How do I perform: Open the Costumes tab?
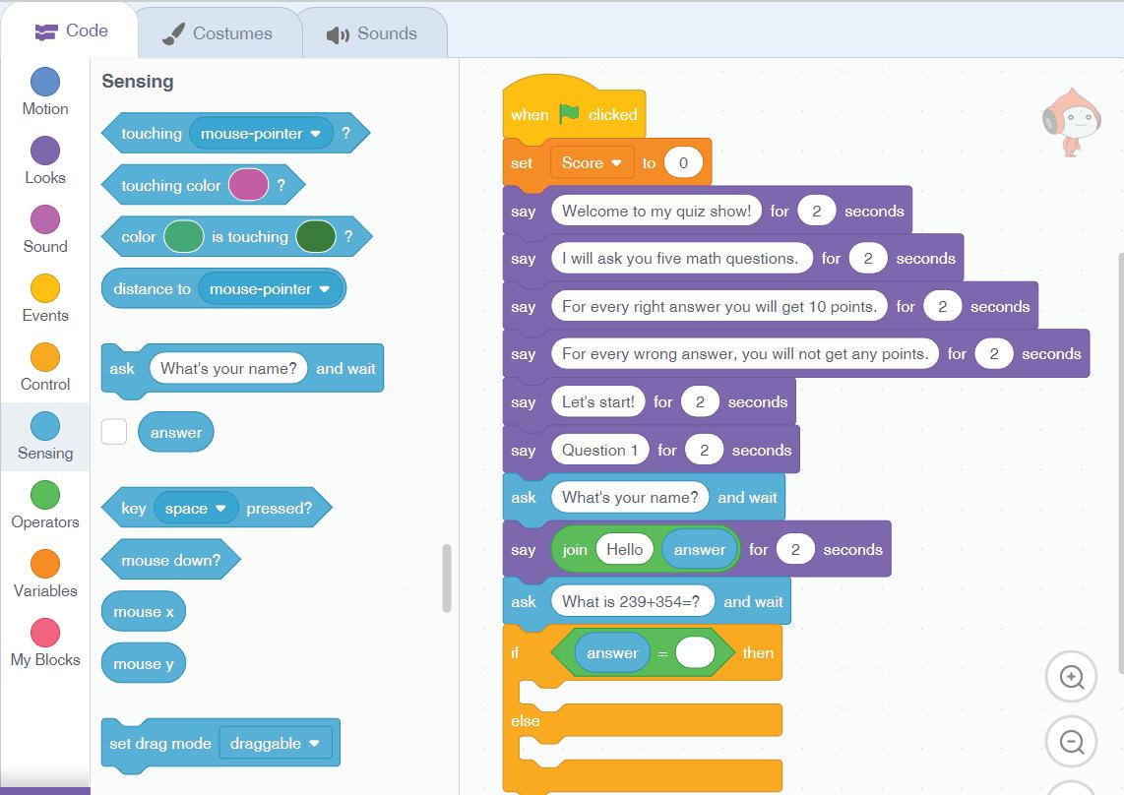pyautogui.click(x=218, y=33)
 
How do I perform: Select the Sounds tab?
pyautogui.click(x=372, y=33)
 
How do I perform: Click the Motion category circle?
pyautogui.click(x=45, y=82)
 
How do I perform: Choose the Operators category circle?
pyautogui.click(x=45, y=495)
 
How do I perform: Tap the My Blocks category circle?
pyautogui.click(x=45, y=633)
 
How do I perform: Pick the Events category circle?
pyautogui.click(x=45, y=288)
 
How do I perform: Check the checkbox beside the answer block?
pyautogui.click(x=114, y=432)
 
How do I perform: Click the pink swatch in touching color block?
pyautogui.click(x=248, y=185)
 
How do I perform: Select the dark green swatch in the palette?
pyautogui.click(x=316, y=237)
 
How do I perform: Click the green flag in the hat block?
pyautogui.click(x=569, y=114)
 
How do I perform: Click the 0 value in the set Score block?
pyautogui.click(x=683, y=163)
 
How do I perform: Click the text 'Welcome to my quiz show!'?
pyautogui.click(x=656, y=211)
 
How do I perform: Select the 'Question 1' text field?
pyautogui.click(x=599, y=451)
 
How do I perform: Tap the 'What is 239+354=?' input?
pyautogui.click(x=631, y=602)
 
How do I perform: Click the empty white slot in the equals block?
pyautogui.click(x=695, y=652)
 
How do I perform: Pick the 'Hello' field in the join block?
pyautogui.click(x=624, y=550)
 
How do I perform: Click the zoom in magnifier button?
pyautogui.click(x=1071, y=677)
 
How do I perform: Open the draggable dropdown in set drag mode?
pyautogui.click(x=275, y=744)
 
